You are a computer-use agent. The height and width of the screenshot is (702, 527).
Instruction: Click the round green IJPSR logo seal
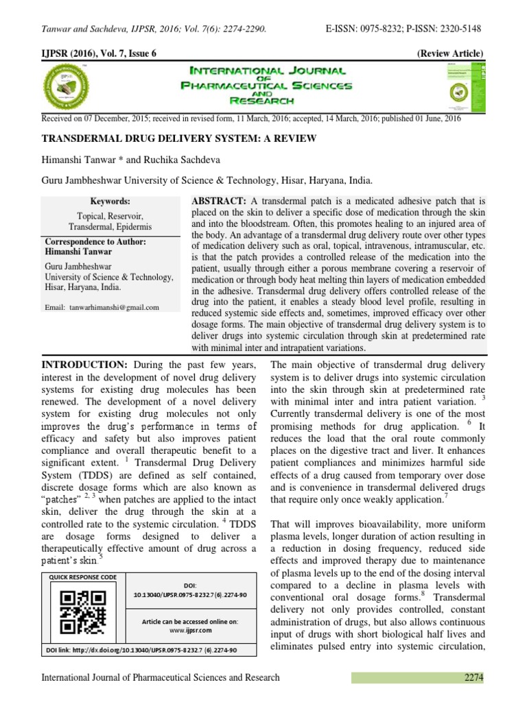[70, 87]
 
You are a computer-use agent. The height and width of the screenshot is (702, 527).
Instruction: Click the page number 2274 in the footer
[472, 677]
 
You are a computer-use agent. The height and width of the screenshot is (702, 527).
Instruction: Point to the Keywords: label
[110, 202]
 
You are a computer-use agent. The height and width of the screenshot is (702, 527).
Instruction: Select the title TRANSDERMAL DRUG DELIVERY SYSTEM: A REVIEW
[179, 139]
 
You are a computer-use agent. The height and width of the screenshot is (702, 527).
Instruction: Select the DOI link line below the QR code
[141, 649]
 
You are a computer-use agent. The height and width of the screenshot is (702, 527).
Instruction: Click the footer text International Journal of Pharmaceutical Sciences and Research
[161, 677]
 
